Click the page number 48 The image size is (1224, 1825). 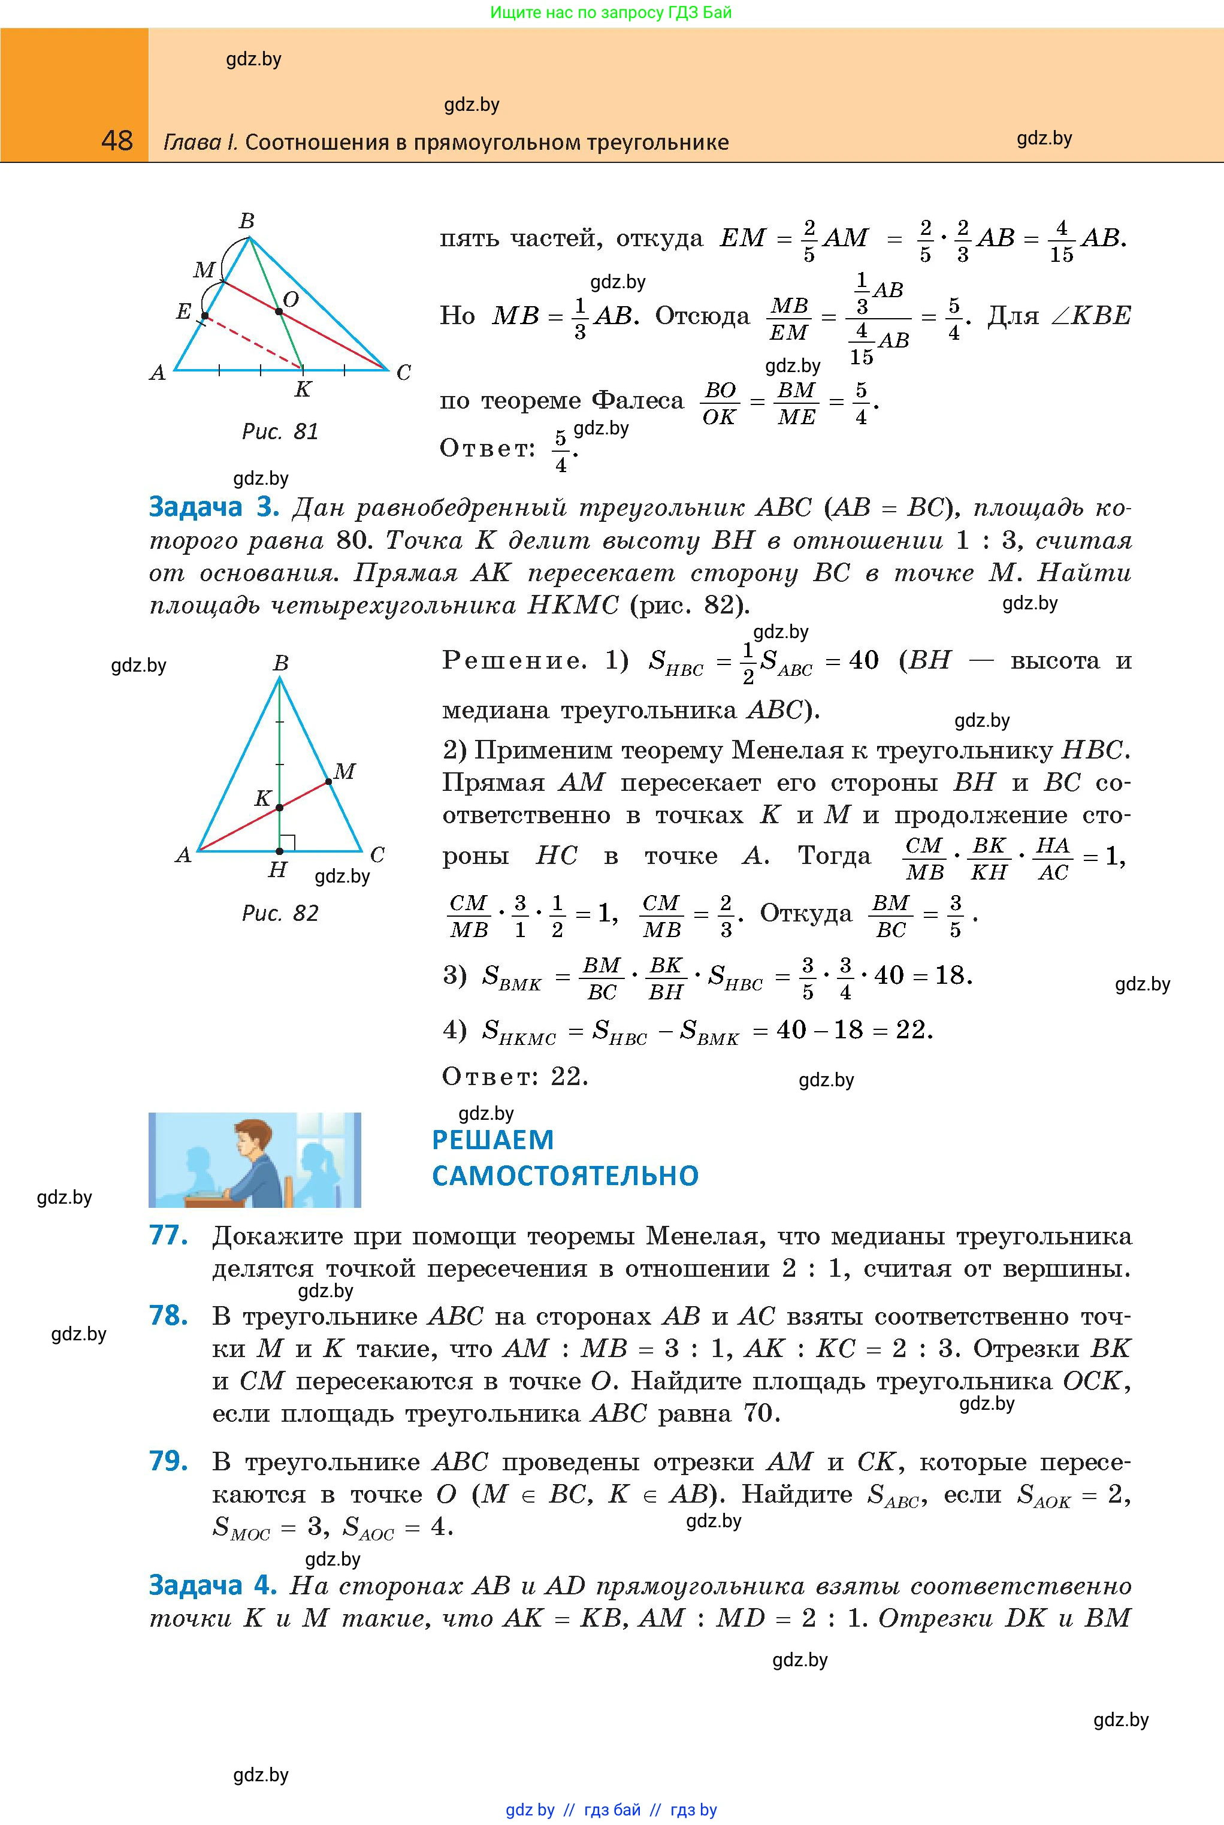click(x=117, y=141)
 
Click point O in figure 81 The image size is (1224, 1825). click(x=279, y=312)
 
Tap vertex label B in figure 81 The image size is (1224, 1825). click(x=247, y=221)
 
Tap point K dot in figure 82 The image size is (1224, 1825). click(x=279, y=808)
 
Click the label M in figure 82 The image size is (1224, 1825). click(x=344, y=771)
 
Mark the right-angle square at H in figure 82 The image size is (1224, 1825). click(x=287, y=843)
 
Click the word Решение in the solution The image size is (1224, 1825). click(x=513, y=660)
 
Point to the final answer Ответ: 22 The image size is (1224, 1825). click(x=515, y=1077)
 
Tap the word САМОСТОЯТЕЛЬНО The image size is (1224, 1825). click(x=565, y=1176)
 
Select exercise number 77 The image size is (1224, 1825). click(x=168, y=1235)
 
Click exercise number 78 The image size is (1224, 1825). click(x=168, y=1316)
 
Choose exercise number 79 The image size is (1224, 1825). click(x=168, y=1461)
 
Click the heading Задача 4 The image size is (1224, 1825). click(x=212, y=1585)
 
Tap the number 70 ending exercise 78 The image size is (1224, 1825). click(x=757, y=1413)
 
